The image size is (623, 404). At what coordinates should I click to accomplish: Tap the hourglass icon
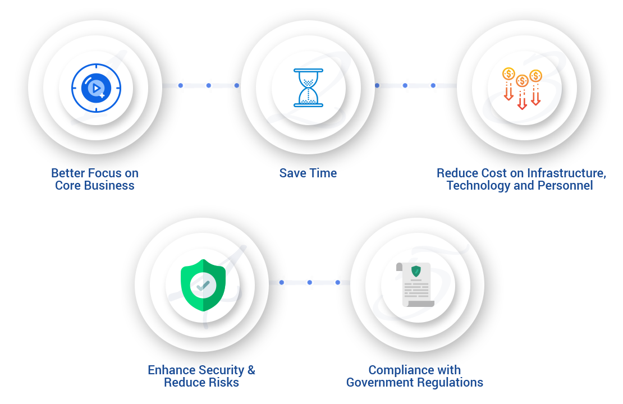coord(308,88)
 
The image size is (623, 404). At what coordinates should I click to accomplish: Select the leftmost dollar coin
coord(509,74)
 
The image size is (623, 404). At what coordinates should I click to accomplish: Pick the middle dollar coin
coord(522,81)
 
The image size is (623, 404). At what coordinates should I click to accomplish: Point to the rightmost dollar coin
coord(535,76)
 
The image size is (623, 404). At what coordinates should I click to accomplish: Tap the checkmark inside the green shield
coord(203,285)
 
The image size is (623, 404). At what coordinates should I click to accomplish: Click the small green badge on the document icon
coord(416,272)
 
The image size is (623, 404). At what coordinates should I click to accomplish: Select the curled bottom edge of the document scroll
coord(420,304)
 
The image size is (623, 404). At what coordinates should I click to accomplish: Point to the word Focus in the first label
coord(104,173)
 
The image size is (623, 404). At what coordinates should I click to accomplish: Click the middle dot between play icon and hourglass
coord(208,85)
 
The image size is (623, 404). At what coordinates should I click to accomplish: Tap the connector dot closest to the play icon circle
coord(180,85)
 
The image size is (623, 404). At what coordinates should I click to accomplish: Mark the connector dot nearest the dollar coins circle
coord(433,85)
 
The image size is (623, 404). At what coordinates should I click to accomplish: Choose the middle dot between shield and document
coord(309,282)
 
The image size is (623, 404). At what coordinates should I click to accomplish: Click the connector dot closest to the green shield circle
coord(281,282)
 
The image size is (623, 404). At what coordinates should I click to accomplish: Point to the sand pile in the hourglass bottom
coord(308,100)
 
